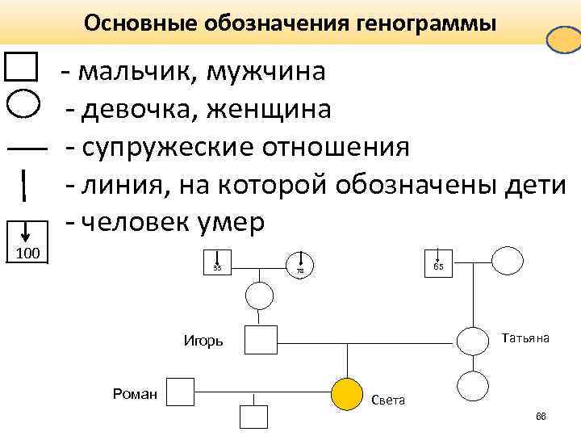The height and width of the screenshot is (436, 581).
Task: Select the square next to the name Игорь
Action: coord(261,340)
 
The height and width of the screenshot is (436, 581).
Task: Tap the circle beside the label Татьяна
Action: coord(473,340)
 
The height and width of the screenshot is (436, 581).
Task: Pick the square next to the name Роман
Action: coord(180,392)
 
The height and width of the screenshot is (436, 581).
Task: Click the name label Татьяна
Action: coord(525,337)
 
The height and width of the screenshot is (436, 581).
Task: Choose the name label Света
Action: coord(388,400)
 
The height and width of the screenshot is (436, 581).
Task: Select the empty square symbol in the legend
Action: coord(21,67)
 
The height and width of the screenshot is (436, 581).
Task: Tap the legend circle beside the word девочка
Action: coord(23,105)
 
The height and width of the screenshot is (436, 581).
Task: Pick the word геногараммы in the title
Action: coord(427,23)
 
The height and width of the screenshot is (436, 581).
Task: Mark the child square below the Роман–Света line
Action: coord(253,417)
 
